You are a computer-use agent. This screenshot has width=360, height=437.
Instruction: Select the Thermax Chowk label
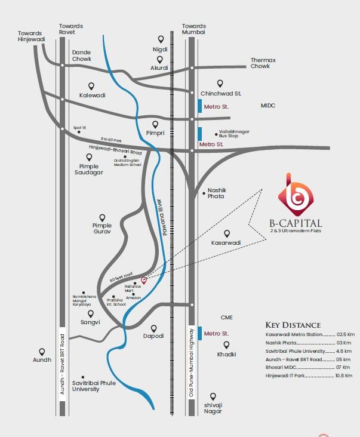point(260,63)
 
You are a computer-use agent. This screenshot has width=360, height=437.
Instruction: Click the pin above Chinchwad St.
point(220,84)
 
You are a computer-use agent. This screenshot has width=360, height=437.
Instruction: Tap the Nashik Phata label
point(216,193)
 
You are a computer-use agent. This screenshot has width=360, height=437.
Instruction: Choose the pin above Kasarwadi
point(226,233)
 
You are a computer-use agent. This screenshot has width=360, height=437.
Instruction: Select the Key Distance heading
point(293,325)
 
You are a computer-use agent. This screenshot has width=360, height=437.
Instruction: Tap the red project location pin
point(143,280)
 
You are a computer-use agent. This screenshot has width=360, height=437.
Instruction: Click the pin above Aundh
point(42,352)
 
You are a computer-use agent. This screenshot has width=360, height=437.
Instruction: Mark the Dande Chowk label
point(82,56)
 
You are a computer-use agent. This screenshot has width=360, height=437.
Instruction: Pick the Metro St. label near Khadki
point(216,333)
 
